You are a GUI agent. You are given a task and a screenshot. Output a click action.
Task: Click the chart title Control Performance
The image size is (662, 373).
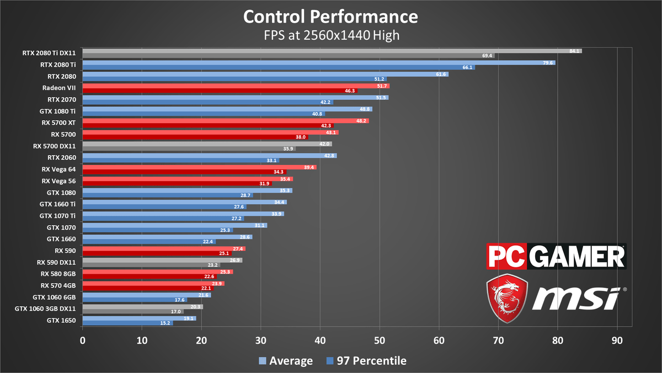click(x=330, y=17)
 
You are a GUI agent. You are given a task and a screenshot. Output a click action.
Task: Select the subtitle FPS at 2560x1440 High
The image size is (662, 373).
click(x=330, y=35)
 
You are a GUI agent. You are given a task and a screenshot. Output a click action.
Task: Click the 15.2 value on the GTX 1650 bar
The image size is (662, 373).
click(x=165, y=323)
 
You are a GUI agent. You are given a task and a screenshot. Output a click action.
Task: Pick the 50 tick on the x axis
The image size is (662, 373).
click(x=380, y=340)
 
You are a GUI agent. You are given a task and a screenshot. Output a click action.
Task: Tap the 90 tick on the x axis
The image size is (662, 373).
click(x=617, y=340)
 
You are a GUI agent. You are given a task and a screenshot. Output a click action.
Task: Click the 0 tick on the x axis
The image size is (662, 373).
click(x=83, y=340)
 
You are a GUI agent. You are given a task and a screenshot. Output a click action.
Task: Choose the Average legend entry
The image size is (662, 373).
click(x=286, y=361)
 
